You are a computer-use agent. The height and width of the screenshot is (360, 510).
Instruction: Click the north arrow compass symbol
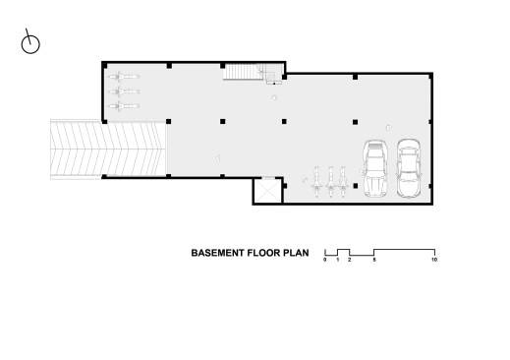tap(30, 43)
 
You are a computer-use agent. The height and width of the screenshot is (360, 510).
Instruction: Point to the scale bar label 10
tap(434, 260)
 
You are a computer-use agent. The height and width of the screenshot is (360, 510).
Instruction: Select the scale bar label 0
tap(325, 260)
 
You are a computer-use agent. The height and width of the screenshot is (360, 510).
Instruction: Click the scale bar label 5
tap(374, 260)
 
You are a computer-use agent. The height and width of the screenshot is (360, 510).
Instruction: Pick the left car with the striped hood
tap(375, 168)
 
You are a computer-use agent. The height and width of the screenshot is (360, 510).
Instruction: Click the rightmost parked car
tap(409, 168)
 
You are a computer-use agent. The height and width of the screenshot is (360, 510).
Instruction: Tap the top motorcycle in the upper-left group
tap(124, 77)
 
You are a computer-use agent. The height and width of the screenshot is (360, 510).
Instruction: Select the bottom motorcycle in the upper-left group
tap(124, 106)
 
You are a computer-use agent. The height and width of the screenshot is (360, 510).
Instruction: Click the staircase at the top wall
tap(244, 72)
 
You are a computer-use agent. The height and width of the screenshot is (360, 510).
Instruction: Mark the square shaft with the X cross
tap(268, 191)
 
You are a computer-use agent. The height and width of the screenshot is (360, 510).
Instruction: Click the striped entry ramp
tap(109, 150)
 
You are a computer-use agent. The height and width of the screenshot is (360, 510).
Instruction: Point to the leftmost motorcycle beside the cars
tap(316, 182)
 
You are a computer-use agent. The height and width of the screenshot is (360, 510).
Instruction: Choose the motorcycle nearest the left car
tap(343, 182)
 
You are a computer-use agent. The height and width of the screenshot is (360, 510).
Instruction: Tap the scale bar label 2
tap(350, 260)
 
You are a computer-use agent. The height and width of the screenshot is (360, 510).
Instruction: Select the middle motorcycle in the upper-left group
tap(124, 91)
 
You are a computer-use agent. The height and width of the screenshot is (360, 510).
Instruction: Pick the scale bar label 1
tap(338, 260)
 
